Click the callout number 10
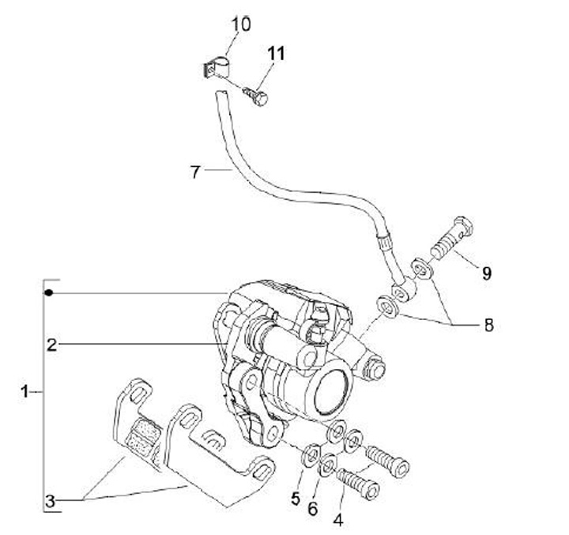point(240,24)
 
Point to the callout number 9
point(487,273)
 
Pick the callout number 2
point(51,344)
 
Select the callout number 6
point(313,509)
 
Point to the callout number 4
point(339,520)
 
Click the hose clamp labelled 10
point(212,68)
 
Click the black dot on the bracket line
point(49,293)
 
